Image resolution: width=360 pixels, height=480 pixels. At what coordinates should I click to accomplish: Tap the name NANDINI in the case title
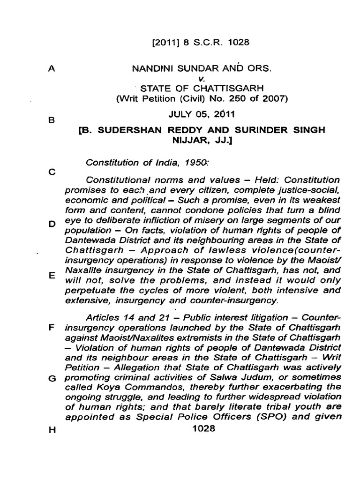(x=152, y=68)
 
